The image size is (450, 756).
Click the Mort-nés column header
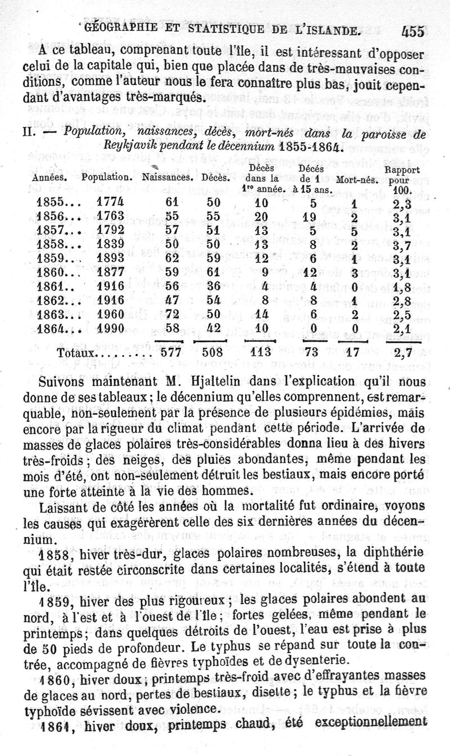356,180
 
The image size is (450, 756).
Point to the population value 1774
110,201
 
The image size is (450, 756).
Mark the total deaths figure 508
213,354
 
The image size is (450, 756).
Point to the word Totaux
77,354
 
